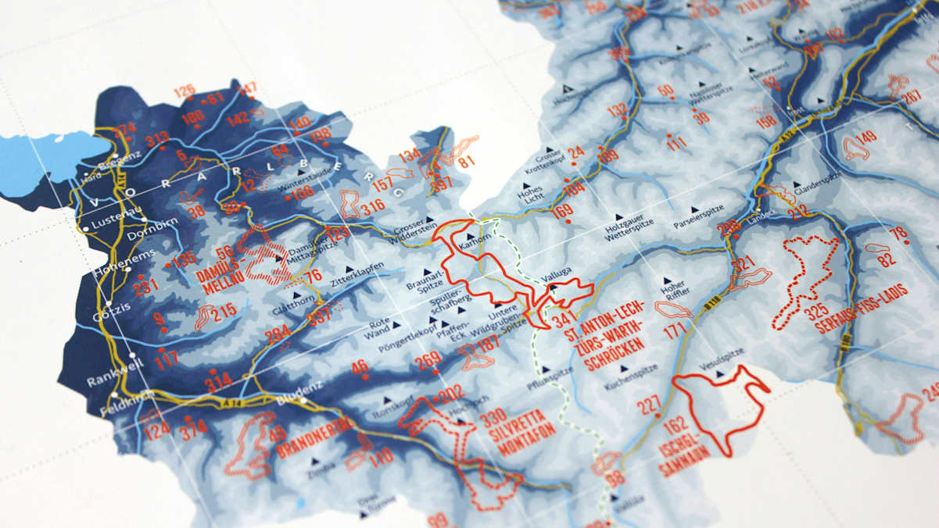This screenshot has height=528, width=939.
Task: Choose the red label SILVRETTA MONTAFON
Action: (523, 430)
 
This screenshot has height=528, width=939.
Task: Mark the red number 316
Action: (373, 206)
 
